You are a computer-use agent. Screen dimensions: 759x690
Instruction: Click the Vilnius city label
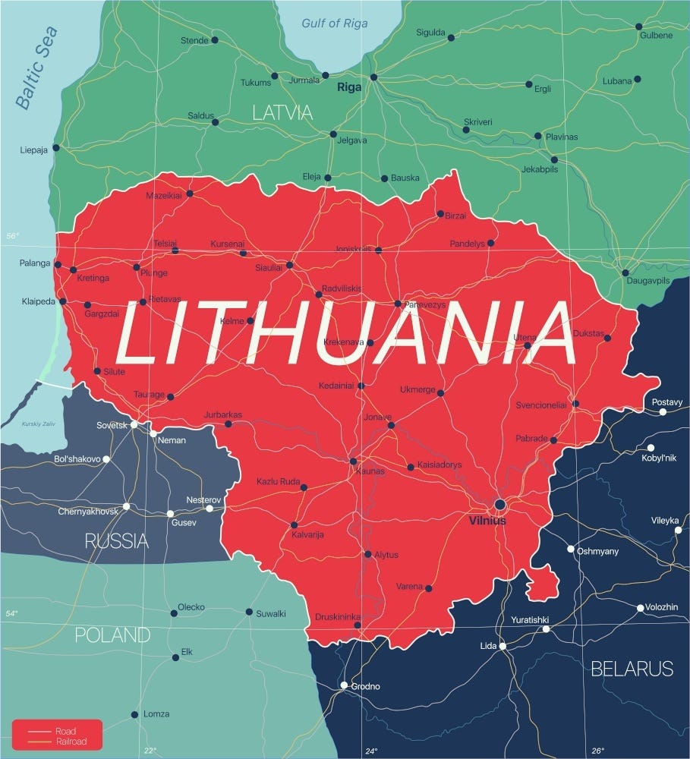pyautogui.click(x=487, y=521)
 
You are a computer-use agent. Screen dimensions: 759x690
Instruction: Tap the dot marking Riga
pyautogui.click(x=373, y=77)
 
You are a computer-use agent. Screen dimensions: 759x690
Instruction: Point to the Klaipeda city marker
pyautogui.click(x=63, y=301)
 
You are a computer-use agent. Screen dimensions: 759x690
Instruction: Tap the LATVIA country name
pyautogui.click(x=282, y=113)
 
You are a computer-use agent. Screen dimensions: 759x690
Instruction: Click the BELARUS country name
pyautogui.click(x=632, y=669)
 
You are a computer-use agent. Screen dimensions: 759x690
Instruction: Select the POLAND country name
pyautogui.click(x=112, y=635)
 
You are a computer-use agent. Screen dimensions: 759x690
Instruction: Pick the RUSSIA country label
pyautogui.click(x=116, y=541)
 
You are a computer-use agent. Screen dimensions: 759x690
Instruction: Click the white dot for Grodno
pyautogui.click(x=344, y=685)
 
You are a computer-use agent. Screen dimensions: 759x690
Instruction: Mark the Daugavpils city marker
pyautogui.click(x=625, y=272)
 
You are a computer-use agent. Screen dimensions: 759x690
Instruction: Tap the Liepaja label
pyautogui.click(x=34, y=150)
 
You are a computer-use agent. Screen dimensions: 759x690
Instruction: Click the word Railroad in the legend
pyautogui.click(x=71, y=742)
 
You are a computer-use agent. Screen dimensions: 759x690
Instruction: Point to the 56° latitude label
pyautogui.click(x=13, y=237)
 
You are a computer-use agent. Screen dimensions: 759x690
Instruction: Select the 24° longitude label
pyautogui.click(x=370, y=751)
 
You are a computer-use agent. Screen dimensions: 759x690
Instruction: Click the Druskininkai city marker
pyautogui.click(x=358, y=625)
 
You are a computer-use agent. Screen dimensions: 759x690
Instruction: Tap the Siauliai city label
pyautogui.click(x=268, y=268)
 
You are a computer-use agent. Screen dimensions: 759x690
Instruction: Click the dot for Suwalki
pyautogui.click(x=249, y=612)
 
